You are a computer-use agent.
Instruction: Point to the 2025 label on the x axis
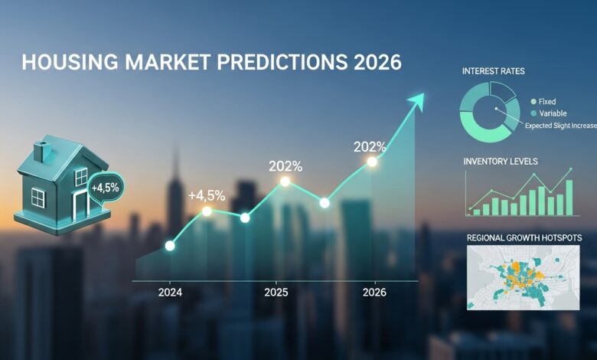click(276, 293)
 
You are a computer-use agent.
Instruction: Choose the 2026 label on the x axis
click(374, 293)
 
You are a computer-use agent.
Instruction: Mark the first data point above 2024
click(170, 246)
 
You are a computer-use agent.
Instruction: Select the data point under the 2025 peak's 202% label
click(285, 182)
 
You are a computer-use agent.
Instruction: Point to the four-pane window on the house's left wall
click(37, 198)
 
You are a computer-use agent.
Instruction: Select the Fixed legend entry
click(546, 101)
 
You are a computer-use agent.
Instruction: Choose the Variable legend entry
click(550, 113)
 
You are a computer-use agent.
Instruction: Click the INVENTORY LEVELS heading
click(501, 162)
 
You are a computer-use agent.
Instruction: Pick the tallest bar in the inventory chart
click(569, 197)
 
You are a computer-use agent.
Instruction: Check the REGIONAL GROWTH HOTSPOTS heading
click(524, 239)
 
